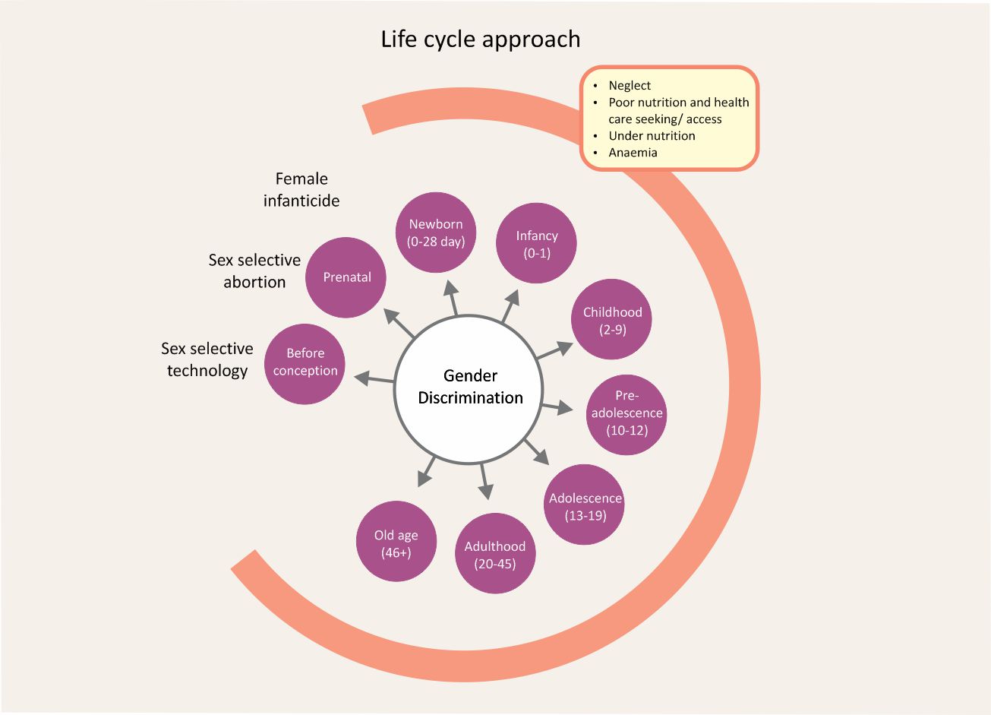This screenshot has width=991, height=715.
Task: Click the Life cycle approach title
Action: [480, 40]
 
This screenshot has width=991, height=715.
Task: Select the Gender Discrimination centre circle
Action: [470, 388]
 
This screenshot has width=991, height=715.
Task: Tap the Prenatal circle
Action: [346, 277]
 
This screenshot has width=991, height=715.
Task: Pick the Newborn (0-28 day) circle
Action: [436, 233]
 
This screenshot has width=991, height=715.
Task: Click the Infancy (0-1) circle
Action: [536, 244]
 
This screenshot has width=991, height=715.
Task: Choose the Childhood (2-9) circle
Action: [612, 320]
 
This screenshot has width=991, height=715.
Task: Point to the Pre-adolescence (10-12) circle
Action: [626, 414]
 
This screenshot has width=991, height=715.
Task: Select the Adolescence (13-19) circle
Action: [585, 505]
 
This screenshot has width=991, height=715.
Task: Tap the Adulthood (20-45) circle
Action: [494, 554]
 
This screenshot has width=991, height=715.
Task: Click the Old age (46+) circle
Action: [396, 543]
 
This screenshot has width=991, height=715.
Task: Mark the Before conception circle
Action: [305, 363]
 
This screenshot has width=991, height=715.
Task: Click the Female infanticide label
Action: [301, 190]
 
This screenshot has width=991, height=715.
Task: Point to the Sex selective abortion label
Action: [254, 271]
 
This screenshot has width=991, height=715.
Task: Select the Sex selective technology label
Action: [207, 359]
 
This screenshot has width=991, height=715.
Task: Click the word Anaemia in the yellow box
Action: [633, 153]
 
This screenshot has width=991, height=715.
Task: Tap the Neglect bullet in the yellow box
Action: [630, 86]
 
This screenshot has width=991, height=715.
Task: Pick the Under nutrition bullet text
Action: [652, 136]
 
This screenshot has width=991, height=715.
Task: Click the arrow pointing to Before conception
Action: [374, 378]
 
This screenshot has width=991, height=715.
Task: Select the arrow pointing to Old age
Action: [426, 470]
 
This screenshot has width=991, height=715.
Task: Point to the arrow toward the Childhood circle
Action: [554, 350]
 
